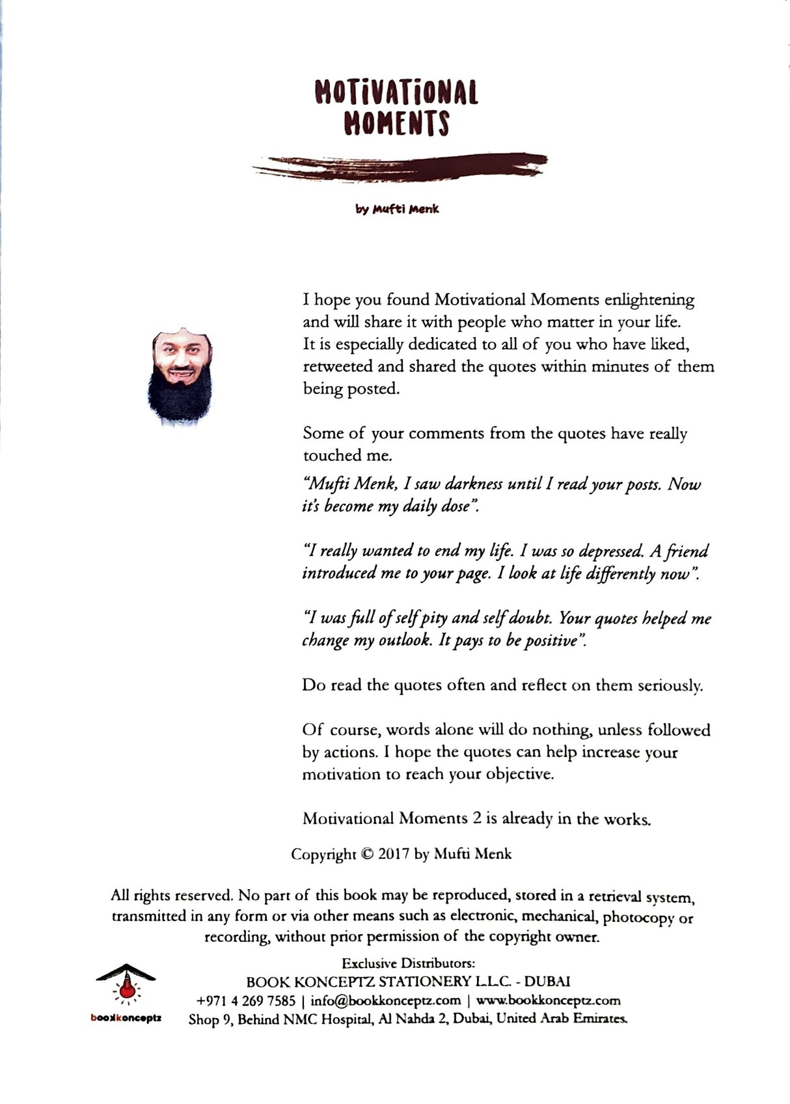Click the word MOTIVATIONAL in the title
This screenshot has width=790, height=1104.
tap(396, 92)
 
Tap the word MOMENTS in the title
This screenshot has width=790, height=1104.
tap(396, 122)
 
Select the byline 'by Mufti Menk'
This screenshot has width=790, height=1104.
tap(397, 209)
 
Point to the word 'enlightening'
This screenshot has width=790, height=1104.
tap(649, 300)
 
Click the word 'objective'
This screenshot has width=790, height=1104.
tap(518, 775)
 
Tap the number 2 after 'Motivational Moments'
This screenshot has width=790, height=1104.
tap(477, 819)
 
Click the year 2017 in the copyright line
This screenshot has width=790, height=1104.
tap(394, 854)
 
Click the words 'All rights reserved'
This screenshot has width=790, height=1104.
tap(171, 896)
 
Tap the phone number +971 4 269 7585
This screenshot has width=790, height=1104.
tap(246, 1000)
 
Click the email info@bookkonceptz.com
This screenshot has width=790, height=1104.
tap(385, 1000)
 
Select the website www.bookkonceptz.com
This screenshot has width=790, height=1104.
tap(548, 1000)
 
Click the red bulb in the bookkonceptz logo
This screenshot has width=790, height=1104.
tap(126, 991)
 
